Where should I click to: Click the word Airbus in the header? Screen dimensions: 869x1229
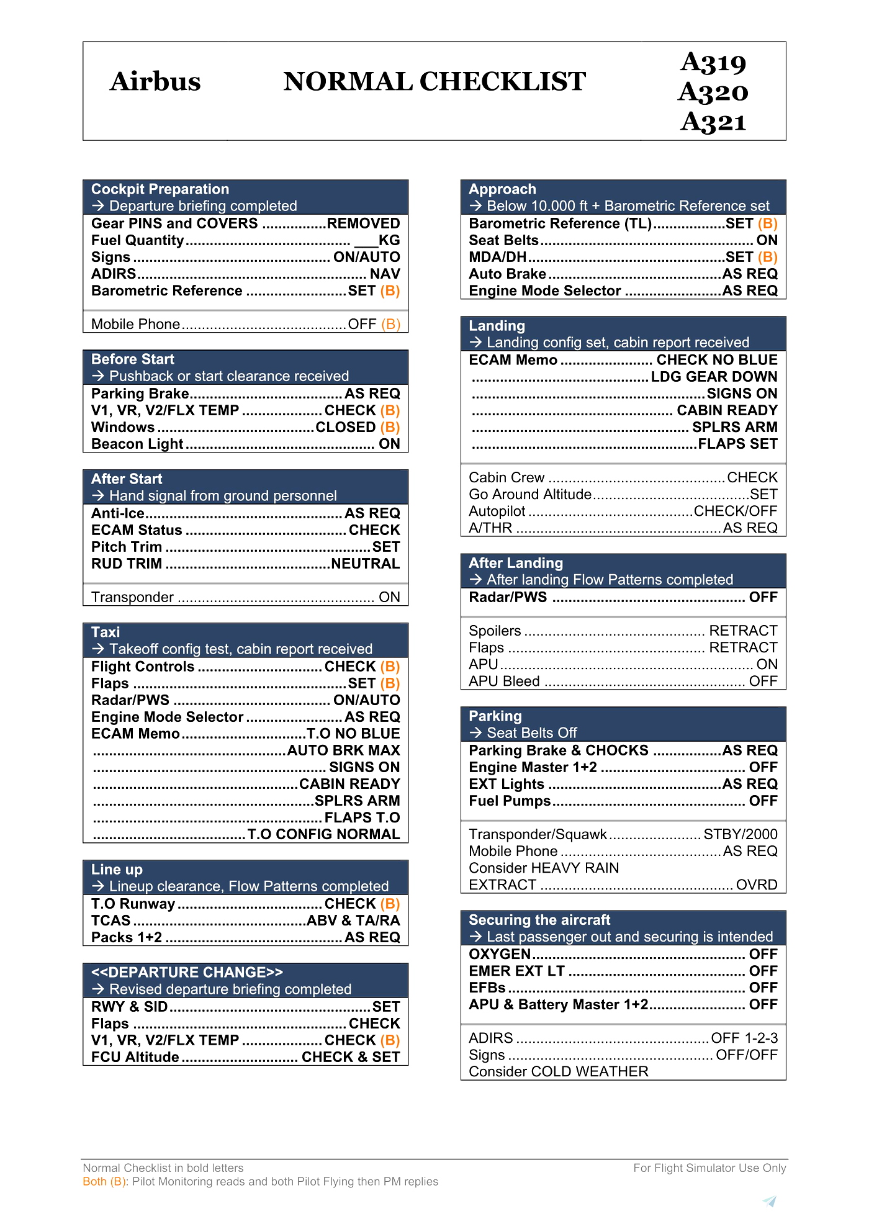click(x=155, y=81)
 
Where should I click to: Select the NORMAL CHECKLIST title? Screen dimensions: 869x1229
click(x=434, y=81)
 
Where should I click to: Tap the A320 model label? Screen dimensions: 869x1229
click(x=713, y=92)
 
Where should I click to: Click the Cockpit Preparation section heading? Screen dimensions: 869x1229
click(x=160, y=189)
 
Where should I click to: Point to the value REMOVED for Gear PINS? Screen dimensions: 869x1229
click(x=363, y=223)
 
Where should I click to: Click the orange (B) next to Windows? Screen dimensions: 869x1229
click(x=390, y=427)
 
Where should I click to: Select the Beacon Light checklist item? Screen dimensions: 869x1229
click(x=137, y=444)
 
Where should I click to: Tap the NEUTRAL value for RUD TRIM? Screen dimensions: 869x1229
click(x=365, y=564)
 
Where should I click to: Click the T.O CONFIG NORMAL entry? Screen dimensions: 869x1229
click(x=323, y=834)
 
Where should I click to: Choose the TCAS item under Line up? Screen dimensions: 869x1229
click(x=111, y=921)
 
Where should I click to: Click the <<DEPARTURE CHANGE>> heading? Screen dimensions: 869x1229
click(x=187, y=972)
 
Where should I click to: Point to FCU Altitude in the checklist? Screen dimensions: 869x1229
click(x=135, y=1057)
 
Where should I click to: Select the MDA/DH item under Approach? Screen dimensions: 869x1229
click(x=497, y=257)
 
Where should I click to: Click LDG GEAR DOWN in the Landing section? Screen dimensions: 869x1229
click(x=714, y=377)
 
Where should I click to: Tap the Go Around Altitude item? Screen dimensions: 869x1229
click(x=530, y=494)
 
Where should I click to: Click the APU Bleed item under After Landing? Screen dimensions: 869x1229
click(x=504, y=681)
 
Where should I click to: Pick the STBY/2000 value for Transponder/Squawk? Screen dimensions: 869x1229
click(x=740, y=834)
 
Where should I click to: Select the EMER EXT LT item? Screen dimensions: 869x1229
click(x=516, y=971)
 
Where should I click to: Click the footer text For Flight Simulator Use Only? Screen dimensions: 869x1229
click(x=709, y=1168)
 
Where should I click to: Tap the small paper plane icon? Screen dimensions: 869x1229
click(x=770, y=1201)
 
